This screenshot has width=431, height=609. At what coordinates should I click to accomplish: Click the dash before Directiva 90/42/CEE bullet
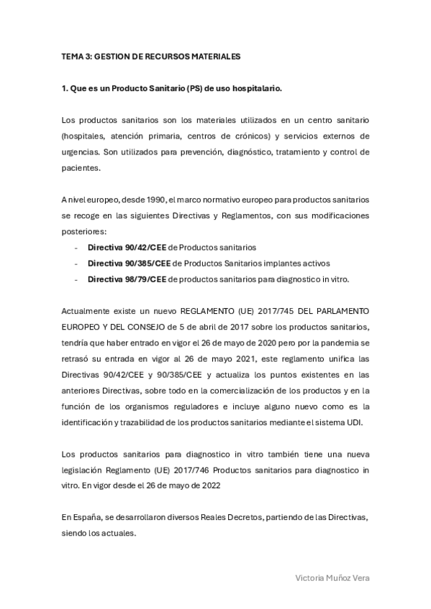coord(76,246)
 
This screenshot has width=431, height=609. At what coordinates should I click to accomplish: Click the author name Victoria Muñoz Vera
coord(333,577)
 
